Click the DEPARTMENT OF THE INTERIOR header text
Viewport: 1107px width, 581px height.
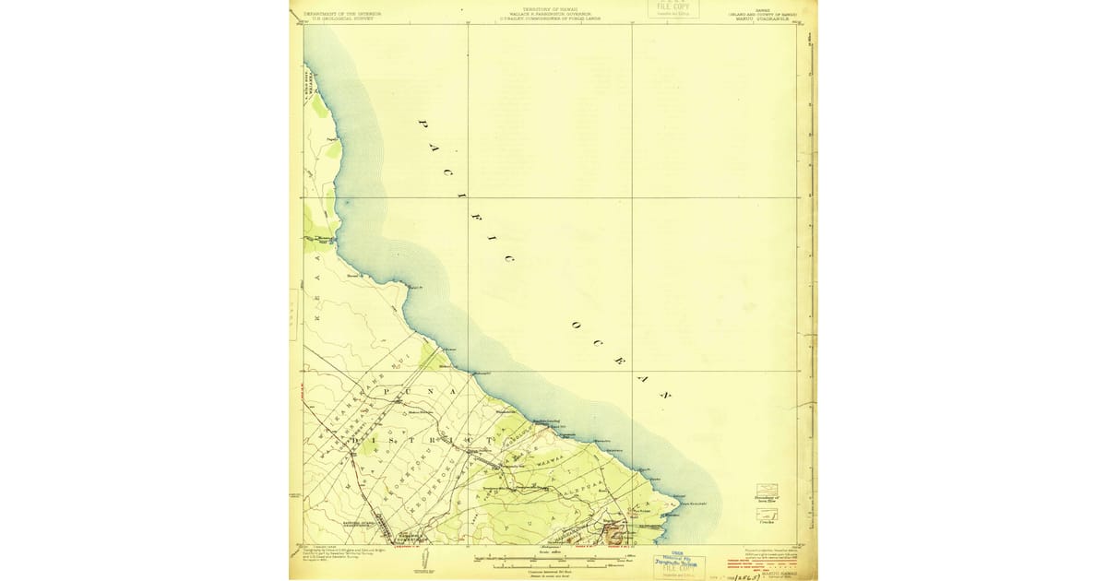342,14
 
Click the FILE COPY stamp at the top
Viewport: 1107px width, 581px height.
673,8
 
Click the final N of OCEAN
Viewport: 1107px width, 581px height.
662,394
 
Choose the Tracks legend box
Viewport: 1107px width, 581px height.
766,517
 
